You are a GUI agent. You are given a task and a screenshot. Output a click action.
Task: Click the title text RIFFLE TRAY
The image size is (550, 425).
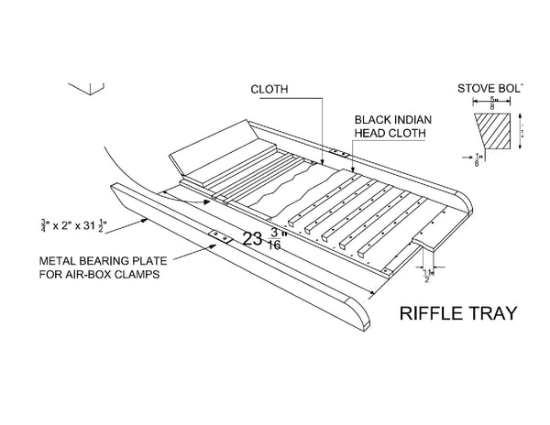458,314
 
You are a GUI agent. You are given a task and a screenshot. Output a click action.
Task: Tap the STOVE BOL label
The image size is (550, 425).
489,89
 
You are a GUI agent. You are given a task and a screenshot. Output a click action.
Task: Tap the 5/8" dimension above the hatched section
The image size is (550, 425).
495,103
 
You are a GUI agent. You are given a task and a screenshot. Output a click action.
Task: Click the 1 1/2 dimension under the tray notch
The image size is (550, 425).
427,273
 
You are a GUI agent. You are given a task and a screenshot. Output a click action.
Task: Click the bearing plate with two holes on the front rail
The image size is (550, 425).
219,236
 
